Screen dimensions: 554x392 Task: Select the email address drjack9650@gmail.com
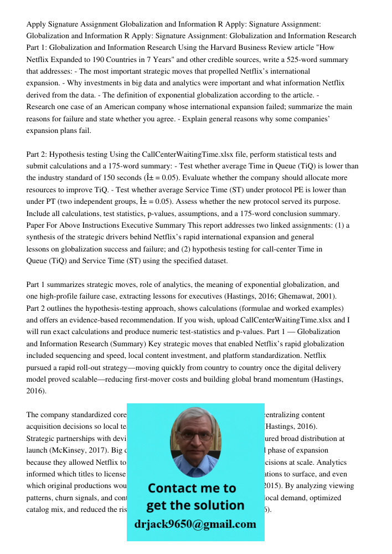coord(195,524)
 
